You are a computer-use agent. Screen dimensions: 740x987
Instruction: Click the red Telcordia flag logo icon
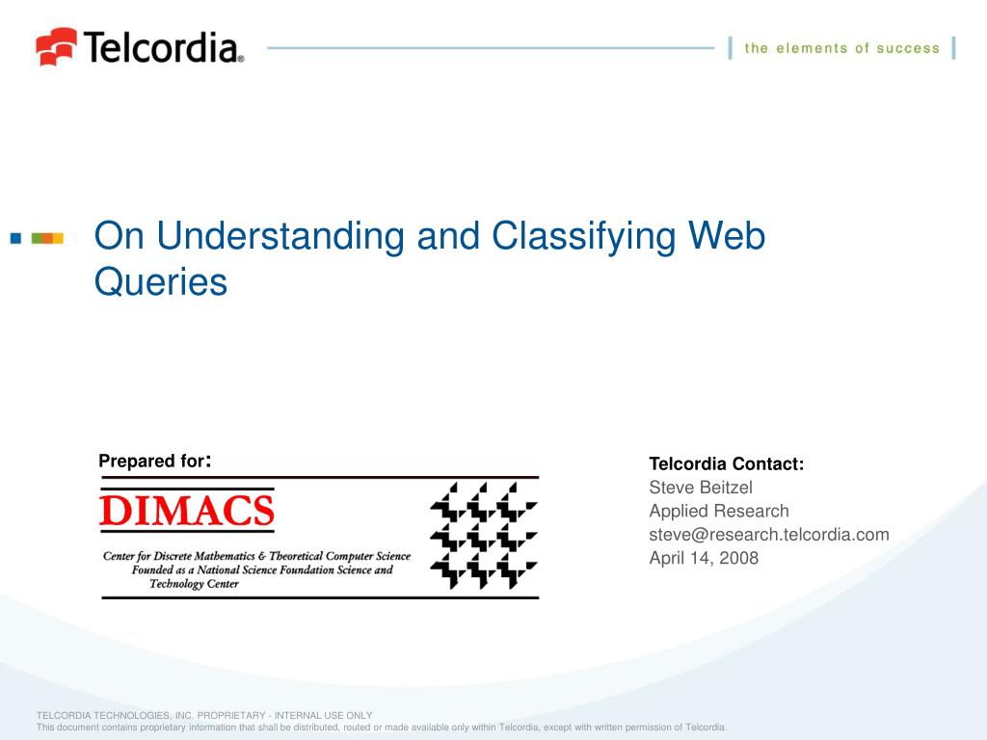(56, 45)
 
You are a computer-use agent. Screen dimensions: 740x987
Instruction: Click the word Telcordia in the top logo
(162, 46)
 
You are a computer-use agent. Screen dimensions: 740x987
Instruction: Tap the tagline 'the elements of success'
(841, 48)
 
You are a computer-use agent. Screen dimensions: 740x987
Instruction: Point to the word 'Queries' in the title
(161, 282)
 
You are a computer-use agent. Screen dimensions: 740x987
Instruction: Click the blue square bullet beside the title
(15, 237)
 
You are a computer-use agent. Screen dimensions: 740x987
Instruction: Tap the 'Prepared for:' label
(154, 461)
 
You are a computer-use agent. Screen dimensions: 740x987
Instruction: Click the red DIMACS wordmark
(187, 511)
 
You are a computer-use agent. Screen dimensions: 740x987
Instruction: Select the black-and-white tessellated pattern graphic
(483, 537)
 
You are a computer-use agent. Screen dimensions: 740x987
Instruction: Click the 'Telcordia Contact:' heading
(726, 464)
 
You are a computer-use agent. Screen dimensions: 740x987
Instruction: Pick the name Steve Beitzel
(701, 488)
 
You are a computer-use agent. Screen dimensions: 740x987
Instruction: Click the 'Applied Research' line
(718, 511)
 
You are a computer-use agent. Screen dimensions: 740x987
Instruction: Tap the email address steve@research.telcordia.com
(769, 534)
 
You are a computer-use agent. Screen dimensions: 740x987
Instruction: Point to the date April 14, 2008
(704, 557)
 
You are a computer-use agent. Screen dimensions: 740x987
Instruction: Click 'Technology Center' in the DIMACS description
(194, 583)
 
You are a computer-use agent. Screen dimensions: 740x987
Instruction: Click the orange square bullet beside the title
(55, 237)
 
